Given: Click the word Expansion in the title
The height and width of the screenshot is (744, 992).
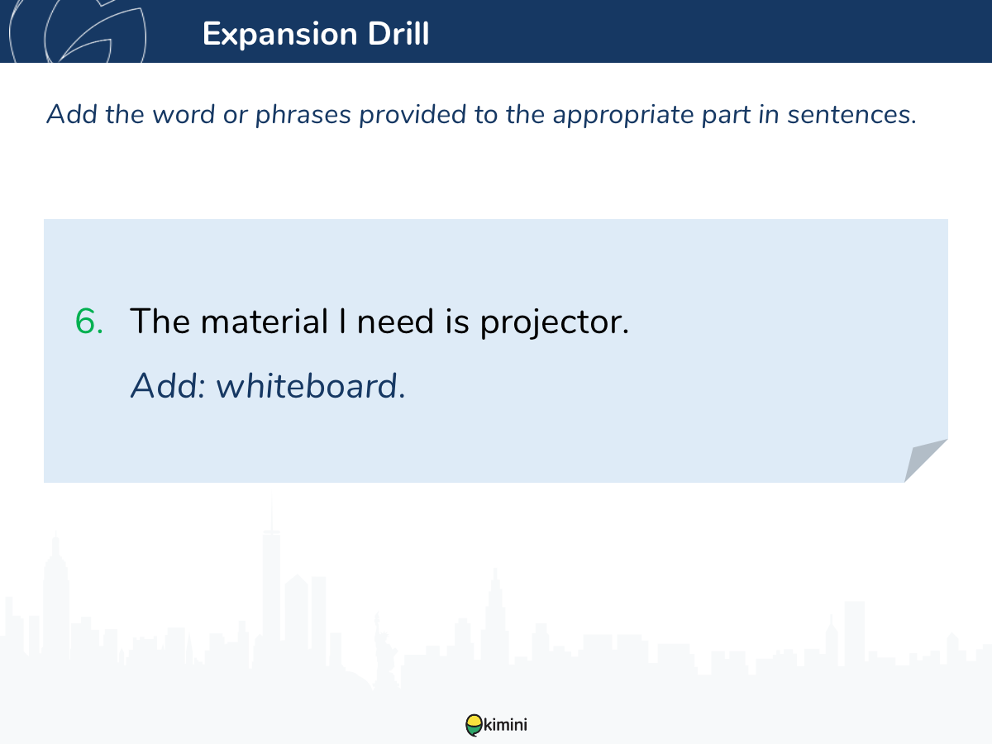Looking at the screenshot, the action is pyautogui.click(x=279, y=35).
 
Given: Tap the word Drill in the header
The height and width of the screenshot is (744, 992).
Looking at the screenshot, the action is pyautogui.click(x=398, y=33).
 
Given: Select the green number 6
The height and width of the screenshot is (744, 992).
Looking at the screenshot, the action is pyautogui.click(x=89, y=322).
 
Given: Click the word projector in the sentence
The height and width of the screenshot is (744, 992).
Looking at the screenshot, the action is pyautogui.click(x=554, y=322).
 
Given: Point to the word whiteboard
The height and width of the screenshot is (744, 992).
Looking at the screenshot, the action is pyautogui.click(x=311, y=386).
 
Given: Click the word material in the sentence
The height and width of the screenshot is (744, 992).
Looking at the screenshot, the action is pyautogui.click(x=265, y=322).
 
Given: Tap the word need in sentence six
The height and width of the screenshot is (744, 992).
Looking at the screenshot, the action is pyautogui.click(x=395, y=322).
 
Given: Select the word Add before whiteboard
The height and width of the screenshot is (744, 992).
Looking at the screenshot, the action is pyautogui.click(x=168, y=386).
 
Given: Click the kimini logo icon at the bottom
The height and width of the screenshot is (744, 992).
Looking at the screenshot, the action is pyautogui.click(x=474, y=725).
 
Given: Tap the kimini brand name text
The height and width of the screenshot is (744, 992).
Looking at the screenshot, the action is pyautogui.click(x=505, y=725).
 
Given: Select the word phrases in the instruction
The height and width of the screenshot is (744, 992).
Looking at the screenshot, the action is pyautogui.click(x=303, y=115).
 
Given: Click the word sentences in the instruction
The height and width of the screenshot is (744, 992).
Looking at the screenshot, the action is pyautogui.click(x=852, y=115).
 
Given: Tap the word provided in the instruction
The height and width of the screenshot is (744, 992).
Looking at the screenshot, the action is pyautogui.click(x=413, y=114).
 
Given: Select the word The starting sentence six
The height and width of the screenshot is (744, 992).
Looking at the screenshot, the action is pyautogui.click(x=160, y=322).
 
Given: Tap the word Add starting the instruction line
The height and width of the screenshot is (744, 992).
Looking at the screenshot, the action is pyautogui.click(x=71, y=114).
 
